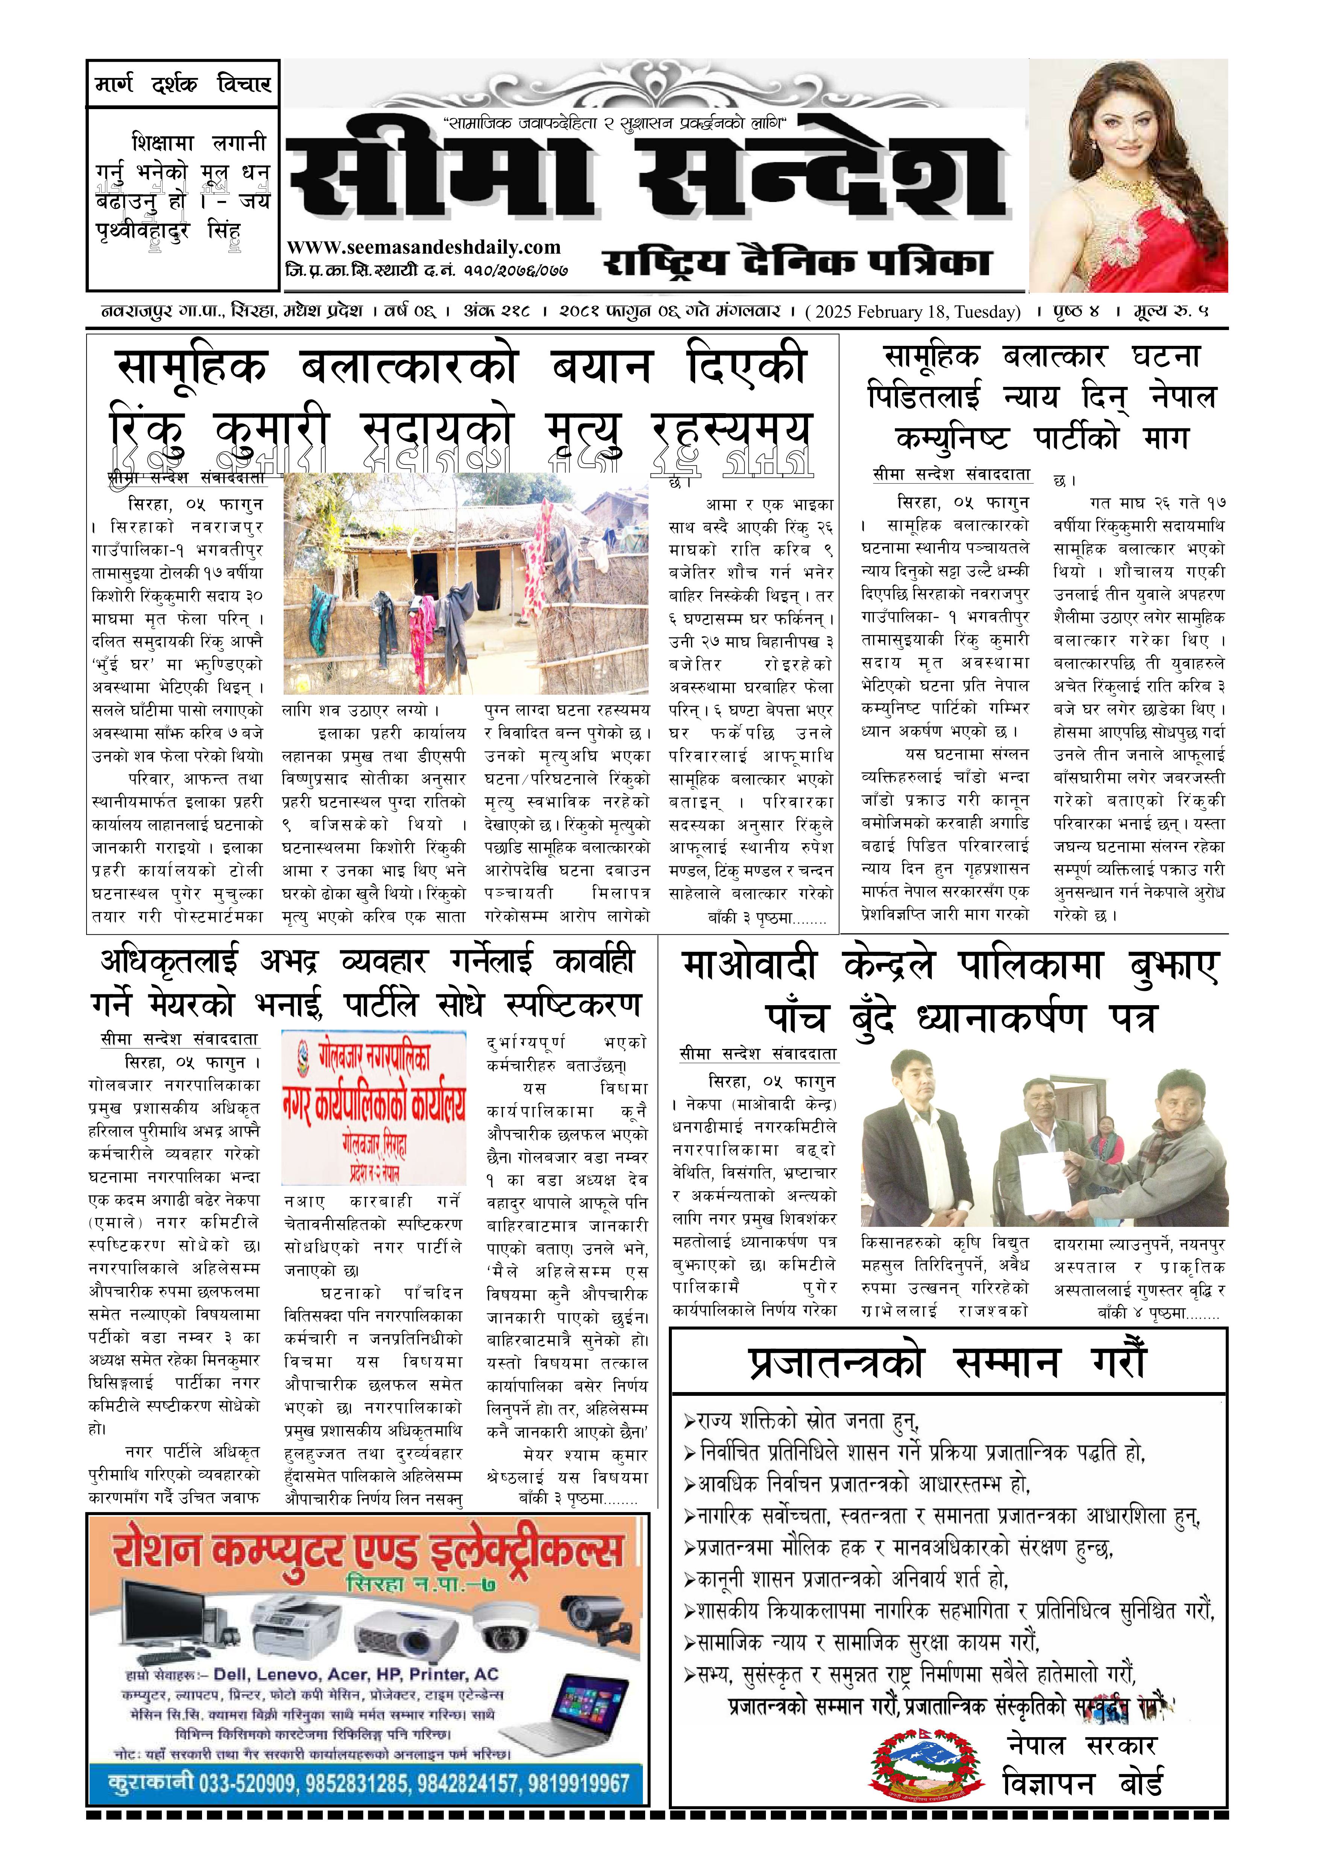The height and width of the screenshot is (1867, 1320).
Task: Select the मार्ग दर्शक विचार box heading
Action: point(183,84)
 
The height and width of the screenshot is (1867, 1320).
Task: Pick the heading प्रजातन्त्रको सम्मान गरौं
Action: point(947,1363)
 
